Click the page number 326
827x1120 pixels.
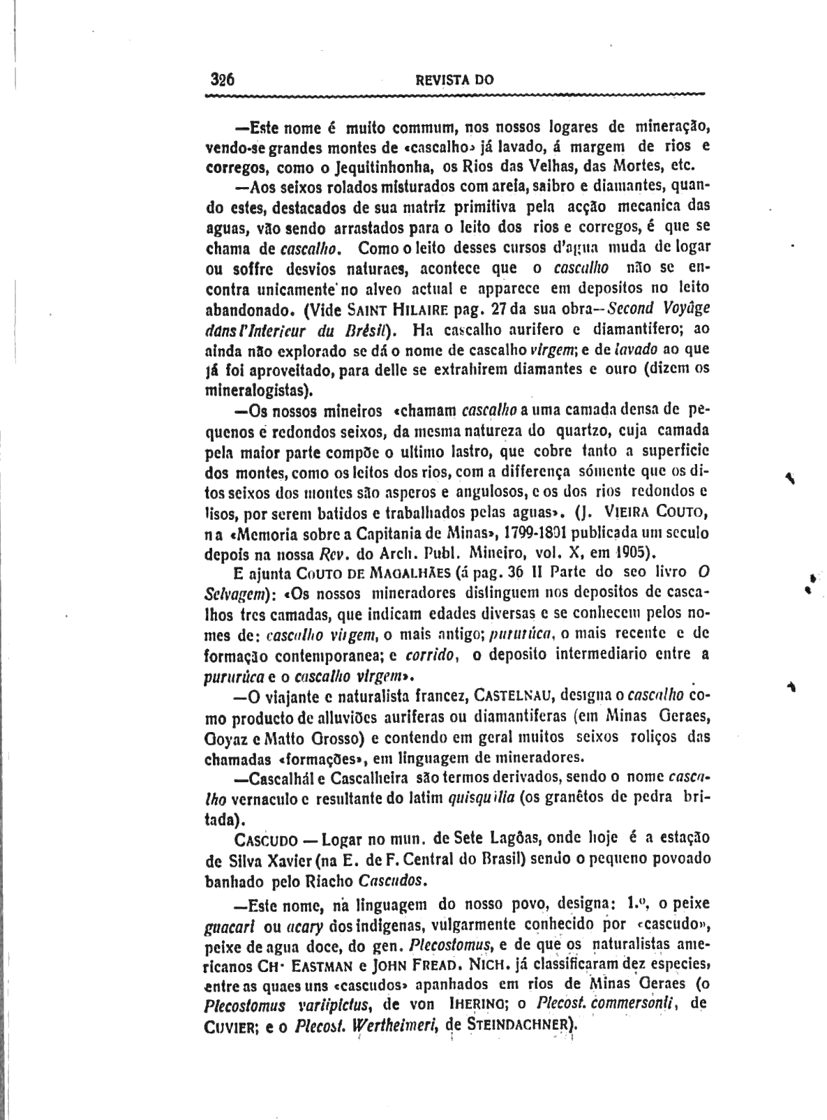tap(222, 79)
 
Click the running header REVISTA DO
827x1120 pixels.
tap(454, 80)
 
